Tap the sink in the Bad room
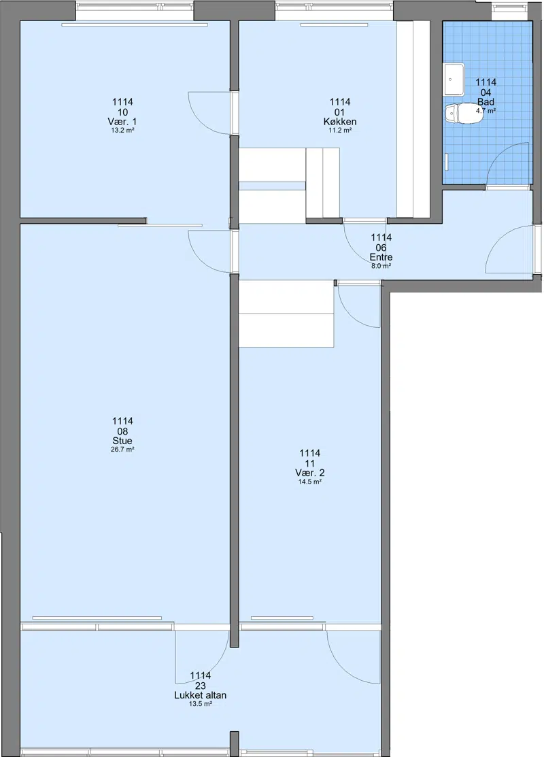[454, 79]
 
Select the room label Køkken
[340, 121]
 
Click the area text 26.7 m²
[122, 450]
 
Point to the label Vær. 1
[122, 121]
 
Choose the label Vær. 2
[309, 473]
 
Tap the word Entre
[381, 257]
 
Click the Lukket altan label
[201, 695]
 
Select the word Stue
[122, 441]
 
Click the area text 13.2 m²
[122, 131]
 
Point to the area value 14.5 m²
[309, 482]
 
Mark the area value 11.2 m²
[340, 131]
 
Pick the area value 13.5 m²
[201, 704]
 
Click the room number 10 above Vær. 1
[122, 112]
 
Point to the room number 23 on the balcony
[201, 686]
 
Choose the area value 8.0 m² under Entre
[381, 265]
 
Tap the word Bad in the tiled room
[486, 102]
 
